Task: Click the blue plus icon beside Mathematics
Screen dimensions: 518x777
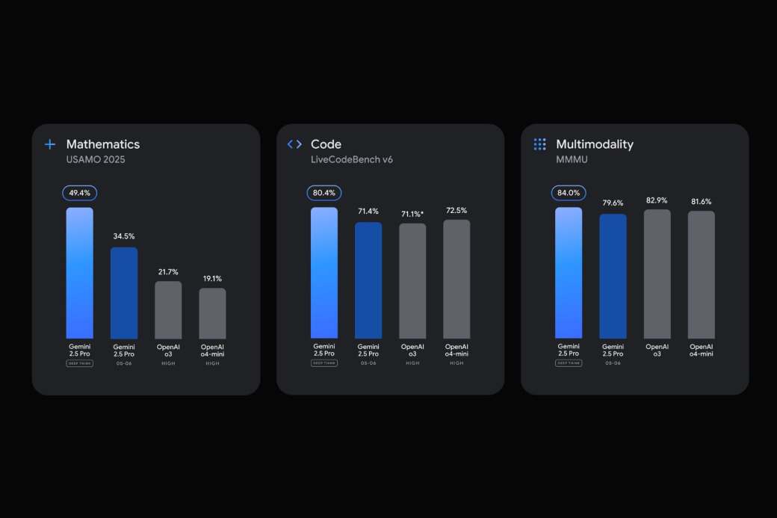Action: [50, 144]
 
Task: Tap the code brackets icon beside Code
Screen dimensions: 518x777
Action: [294, 144]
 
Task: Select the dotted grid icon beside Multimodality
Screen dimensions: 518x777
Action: [539, 144]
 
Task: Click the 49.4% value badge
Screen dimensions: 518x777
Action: [79, 193]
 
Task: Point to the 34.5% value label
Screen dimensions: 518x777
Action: [124, 236]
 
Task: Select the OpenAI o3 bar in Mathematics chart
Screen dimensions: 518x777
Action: [168, 309]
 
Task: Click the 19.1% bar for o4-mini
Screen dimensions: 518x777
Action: [212, 313]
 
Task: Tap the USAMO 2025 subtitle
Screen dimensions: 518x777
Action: [96, 159]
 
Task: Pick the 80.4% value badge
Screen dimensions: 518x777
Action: [324, 193]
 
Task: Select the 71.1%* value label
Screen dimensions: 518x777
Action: [412, 213]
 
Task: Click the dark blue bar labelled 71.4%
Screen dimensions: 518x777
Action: [368, 280]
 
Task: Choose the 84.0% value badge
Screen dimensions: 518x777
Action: [569, 193]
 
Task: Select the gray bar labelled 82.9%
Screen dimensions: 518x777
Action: [657, 274]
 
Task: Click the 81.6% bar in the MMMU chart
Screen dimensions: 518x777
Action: [701, 274]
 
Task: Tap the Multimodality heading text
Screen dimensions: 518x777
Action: [595, 144]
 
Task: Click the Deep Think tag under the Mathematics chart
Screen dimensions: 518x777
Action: [79, 363]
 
